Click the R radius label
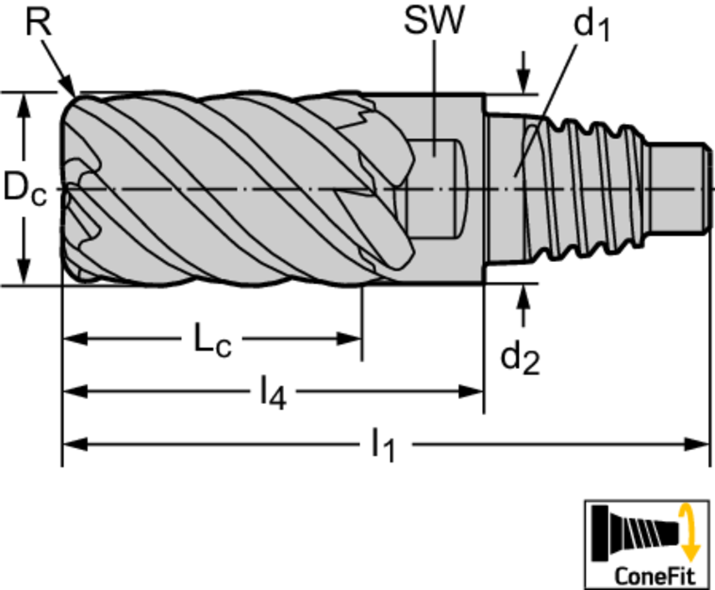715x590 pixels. click(38, 22)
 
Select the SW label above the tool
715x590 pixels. click(434, 20)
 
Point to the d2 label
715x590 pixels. click(519, 359)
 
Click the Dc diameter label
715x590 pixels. click(24, 188)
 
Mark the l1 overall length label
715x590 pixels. click(383, 445)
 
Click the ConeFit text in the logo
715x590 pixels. click(655, 575)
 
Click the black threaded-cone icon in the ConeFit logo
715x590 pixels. click(635, 533)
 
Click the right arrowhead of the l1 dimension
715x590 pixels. click(698, 445)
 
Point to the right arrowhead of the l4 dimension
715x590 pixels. click(471, 391)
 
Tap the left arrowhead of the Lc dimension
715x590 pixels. click(75, 339)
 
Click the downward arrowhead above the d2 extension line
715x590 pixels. click(524, 82)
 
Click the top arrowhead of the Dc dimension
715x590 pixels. click(24, 105)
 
